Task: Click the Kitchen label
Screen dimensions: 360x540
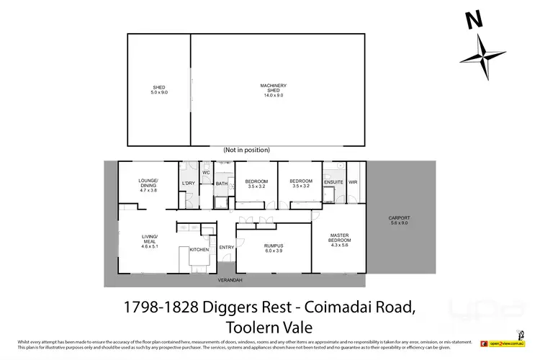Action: pyautogui.click(x=199, y=250)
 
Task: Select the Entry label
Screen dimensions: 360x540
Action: pyautogui.click(x=227, y=248)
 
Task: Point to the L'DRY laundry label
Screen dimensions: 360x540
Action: pyautogui.click(x=189, y=183)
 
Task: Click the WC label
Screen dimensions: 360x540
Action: pyautogui.click(x=205, y=173)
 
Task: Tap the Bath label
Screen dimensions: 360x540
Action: pyautogui.click(x=222, y=183)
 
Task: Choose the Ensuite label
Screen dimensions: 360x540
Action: pyautogui.click(x=334, y=183)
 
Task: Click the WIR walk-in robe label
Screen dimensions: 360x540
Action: pyautogui.click(x=353, y=183)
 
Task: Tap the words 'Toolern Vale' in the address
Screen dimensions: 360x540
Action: pyautogui.click(x=269, y=324)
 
